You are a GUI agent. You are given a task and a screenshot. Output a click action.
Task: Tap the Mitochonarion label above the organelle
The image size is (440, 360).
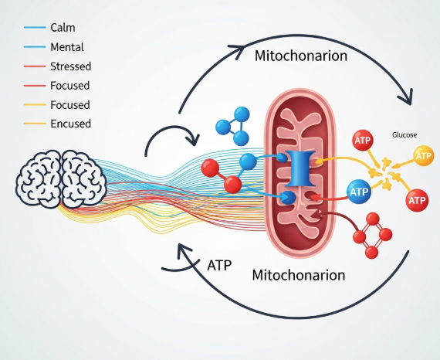300,56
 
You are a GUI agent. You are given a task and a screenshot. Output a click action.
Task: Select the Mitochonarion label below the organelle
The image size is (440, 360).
298,275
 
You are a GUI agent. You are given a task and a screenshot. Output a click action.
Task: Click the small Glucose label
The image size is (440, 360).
404,134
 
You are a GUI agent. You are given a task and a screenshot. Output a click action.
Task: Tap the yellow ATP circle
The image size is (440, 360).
424,157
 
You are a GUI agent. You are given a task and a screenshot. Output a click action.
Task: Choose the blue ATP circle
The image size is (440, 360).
358,190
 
